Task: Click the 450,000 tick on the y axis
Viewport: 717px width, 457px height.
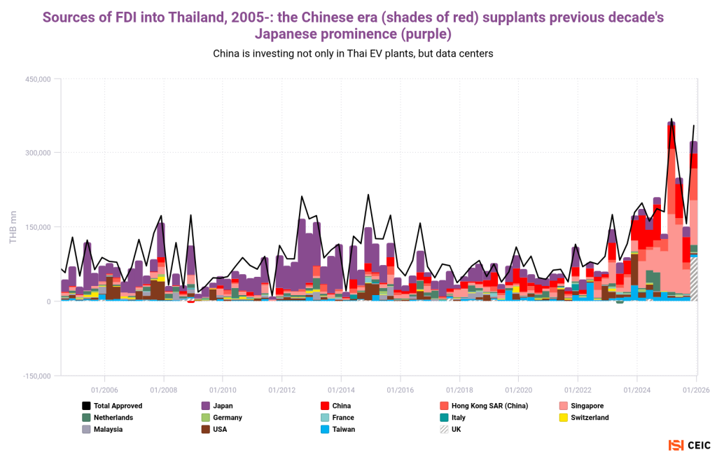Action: tap(39, 79)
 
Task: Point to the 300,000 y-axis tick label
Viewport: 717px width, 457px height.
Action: tap(39, 153)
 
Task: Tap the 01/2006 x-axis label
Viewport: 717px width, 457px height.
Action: tap(104, 388)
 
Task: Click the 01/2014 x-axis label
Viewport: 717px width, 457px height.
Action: tap(340, 388)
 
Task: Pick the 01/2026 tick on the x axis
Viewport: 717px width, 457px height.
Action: tap(695, 388)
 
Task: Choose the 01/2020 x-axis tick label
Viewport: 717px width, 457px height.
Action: tap(517, 388)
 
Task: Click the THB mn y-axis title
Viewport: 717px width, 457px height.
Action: tap(13, 227)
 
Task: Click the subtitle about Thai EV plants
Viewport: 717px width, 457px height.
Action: tap(358, 54)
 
